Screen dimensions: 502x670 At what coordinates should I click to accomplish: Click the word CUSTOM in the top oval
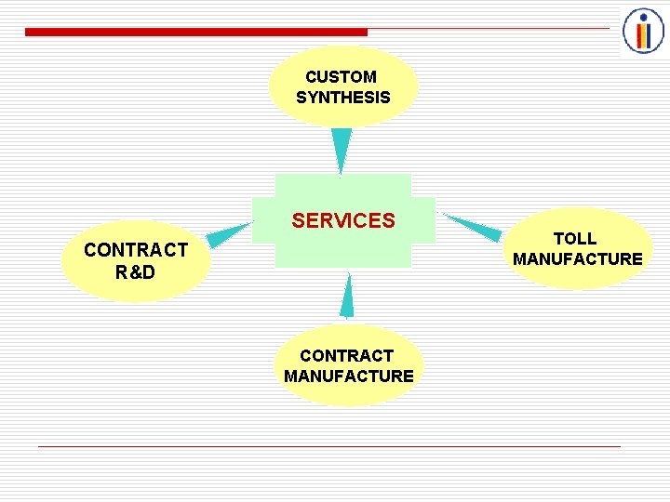point(341,77)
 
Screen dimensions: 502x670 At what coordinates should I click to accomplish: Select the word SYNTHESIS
point(343,98)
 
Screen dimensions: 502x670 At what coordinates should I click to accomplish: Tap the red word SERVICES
point(343,221)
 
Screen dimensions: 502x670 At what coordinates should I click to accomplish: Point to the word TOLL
point(575,239)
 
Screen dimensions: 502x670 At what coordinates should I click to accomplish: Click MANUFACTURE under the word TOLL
point(578,259)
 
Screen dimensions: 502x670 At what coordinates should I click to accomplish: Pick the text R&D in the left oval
point(136,272)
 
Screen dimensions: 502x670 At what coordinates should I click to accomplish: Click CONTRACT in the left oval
point(136,250)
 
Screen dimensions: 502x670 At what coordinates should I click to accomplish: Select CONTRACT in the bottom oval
point(346,355)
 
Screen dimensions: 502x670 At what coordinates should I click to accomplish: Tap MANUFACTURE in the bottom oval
point(349,376)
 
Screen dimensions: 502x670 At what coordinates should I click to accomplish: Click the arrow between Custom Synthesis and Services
point(342,149)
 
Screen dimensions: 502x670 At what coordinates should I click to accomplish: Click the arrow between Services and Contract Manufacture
point(347,297)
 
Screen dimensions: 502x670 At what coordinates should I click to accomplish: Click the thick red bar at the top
point(195,32)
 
